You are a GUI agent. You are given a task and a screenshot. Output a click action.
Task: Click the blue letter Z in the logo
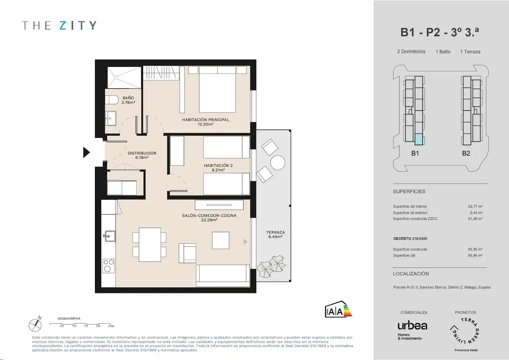(x=63, y=25)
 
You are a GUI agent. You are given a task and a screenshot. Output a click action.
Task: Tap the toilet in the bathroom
(x=112, y=100)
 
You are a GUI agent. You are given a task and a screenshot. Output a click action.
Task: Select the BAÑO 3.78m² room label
(x=128, y=100)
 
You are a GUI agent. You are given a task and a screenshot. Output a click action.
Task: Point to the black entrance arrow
(x=86, y=152)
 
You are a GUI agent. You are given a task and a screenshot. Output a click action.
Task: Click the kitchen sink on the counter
(x=110, y=236)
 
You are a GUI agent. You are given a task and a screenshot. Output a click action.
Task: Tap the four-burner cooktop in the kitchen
(x=109, y=266)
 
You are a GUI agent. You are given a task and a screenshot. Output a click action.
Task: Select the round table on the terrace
(x=277, y=162)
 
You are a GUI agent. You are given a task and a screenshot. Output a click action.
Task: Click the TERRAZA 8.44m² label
(x=275, y=234)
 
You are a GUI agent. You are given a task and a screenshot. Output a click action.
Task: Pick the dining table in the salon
(x=150, y=245)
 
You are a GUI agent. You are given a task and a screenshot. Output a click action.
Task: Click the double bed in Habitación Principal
(x=217, y=89)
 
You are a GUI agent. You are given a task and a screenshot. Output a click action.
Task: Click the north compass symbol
(x=35, y=325)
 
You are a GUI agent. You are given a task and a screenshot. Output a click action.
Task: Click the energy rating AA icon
(x=338, y=309)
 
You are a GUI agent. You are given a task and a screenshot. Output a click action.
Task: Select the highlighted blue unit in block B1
(x=419, y=139)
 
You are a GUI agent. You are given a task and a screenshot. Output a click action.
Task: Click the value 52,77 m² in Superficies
(x=475, y=206)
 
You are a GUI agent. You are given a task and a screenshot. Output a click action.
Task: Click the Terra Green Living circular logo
(x=465, y=331)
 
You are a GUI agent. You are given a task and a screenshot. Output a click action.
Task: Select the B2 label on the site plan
(x=466, y=153)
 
